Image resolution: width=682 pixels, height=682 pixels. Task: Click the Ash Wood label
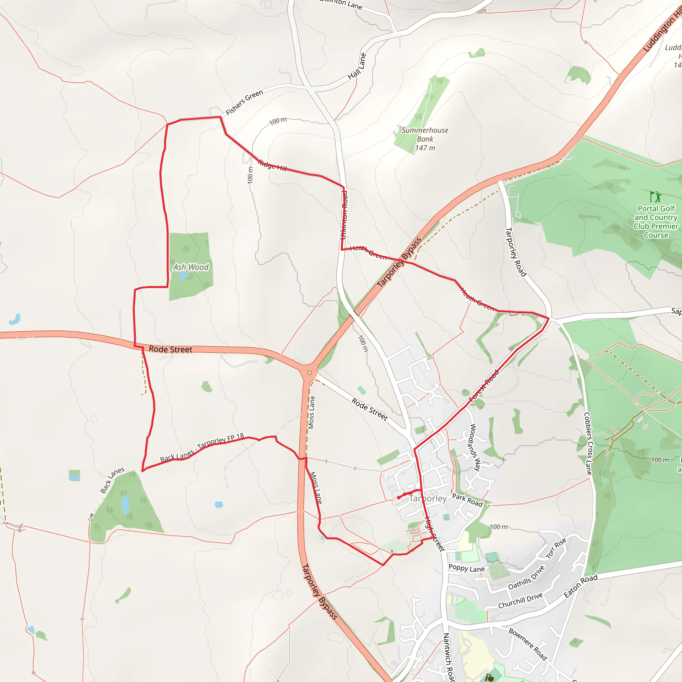190,267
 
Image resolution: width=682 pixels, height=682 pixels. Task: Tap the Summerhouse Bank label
425,139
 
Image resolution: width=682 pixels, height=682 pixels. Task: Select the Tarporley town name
428,499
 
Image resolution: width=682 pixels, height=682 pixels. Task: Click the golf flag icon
655,196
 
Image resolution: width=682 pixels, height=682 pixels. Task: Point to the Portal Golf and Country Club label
656,222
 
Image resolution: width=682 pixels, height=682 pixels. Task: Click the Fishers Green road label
244,102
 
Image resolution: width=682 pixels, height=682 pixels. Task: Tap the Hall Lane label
357,66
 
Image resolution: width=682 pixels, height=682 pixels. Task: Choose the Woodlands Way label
475,447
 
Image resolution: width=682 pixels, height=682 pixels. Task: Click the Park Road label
467,500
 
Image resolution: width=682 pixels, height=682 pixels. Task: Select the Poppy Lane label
467,568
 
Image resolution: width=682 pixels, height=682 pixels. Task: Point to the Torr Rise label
556,548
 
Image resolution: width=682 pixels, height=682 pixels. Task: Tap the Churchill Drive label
520,600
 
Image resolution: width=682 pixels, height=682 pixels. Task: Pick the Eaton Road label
581,586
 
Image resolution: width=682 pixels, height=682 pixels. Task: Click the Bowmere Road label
528,644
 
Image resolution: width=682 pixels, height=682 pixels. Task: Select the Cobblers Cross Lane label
588,443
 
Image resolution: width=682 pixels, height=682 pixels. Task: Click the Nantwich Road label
448,657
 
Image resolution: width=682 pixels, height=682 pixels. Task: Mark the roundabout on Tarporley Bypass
309,373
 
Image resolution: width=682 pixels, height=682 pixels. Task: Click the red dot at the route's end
399,498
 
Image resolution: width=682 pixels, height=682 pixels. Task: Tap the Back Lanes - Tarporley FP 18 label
202,448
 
